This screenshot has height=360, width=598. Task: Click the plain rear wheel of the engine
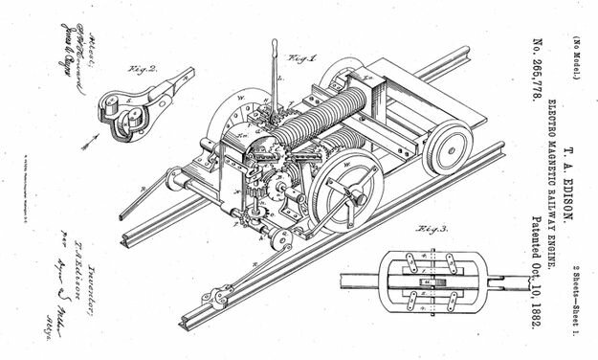[x=451, y=143]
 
